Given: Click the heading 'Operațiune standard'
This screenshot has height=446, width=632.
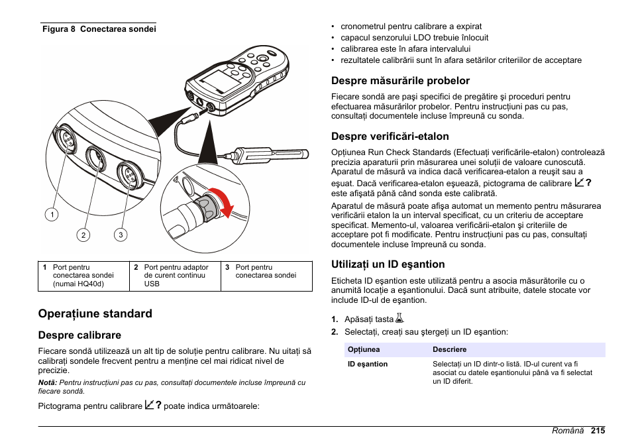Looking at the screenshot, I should tap(95, 313).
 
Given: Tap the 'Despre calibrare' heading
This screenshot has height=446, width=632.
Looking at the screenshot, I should tap(79, 335).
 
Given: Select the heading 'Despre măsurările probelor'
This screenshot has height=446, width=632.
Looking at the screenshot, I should tap(400, 81).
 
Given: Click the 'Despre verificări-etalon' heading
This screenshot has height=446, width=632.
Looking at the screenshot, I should tap(390, 137).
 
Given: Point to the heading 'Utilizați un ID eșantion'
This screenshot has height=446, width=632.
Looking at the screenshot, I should tap(388, 264).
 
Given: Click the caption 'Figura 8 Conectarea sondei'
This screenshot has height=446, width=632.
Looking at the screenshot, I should tap(99, 29).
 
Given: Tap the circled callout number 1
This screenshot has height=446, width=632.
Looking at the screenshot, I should tap(51, 214).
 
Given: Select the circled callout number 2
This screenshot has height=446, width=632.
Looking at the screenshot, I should tap(83, 235).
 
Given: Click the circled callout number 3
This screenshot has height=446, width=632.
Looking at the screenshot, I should tap(120, 235).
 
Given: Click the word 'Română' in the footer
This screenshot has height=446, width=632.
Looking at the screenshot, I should tap(568, 430).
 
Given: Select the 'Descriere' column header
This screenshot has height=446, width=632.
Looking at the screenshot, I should tap(450, 349).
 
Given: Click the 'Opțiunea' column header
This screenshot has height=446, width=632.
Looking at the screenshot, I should tap(364, 349).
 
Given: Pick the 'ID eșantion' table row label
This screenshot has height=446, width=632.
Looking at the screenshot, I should tap(368, 364).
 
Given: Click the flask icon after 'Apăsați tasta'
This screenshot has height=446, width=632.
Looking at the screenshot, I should tap(399, 319).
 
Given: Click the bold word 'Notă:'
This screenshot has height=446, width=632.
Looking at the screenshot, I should tap(48, 382).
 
